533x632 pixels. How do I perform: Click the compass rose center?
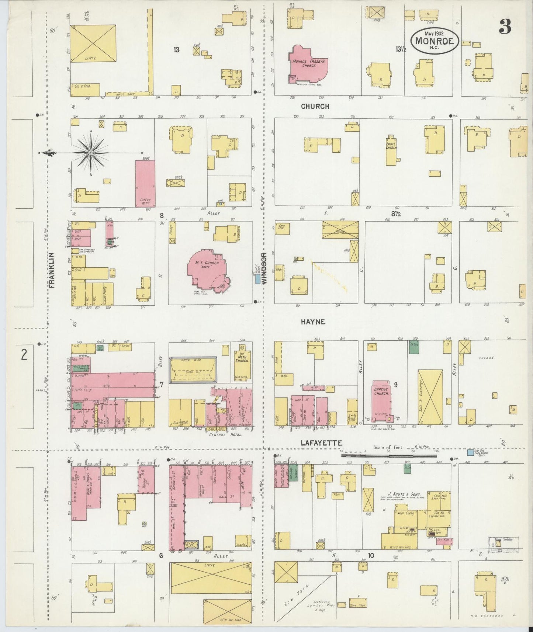[x=90, y=152]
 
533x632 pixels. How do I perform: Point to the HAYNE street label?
[x=313, y=322]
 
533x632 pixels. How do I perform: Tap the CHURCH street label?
[x=315, y=106]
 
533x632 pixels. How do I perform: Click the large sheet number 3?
[x=505, y=27]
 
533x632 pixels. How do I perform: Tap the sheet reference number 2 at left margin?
[x=24, y=355]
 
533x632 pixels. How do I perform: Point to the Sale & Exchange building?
[x=430, y=397]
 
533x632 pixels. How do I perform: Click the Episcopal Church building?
[x=391, y=151]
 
